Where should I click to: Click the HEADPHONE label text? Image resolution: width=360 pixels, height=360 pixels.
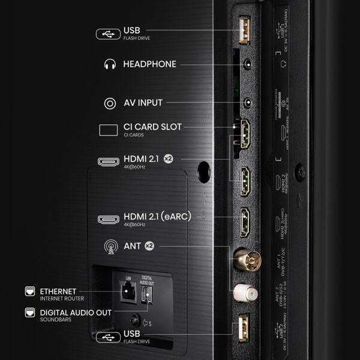[149, 64]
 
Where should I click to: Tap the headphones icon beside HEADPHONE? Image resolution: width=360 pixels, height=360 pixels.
[109, 64]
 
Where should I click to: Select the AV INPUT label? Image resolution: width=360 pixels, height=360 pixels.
[143, 103]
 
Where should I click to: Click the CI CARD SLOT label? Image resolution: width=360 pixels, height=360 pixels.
[152, 127]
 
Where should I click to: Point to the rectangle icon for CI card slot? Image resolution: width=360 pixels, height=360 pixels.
[108, 129]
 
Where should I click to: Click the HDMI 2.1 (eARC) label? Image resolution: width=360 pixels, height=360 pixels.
[157, 217]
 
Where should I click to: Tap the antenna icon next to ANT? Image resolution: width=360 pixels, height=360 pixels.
[110, 245]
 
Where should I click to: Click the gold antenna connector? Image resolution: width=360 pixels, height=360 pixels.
[244, 259]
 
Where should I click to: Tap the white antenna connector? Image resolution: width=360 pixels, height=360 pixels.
[244, 293]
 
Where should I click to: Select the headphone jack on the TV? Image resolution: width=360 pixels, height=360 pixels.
[245, 64]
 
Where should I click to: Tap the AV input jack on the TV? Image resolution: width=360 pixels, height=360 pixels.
[245, 103]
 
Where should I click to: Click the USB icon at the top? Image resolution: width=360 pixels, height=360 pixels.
[108, 34]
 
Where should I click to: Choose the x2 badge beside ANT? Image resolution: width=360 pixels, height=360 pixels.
[149, 245]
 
